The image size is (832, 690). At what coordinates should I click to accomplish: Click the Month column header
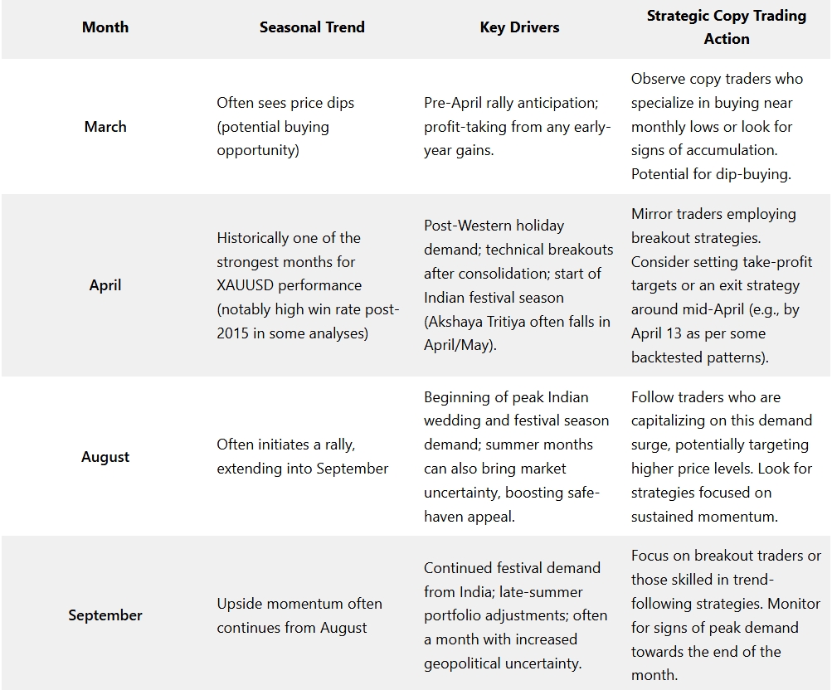pyautogui.click(x=105, y=27)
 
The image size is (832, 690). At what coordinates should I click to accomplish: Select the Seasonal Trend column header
pyautogui.click(x=312, y=27)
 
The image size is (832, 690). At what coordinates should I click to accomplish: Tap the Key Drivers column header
pyautogui.click(x=519, y=27)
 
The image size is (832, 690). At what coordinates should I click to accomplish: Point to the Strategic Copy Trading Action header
pyautogui.click(x=726, y=27)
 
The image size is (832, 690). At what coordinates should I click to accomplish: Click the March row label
pyautogui.click(x=105, y=127)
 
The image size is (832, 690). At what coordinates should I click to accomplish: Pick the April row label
pyautogui.click(x=105, y=285)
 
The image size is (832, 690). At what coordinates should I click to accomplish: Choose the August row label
pyautogui.click(x=105, y=457)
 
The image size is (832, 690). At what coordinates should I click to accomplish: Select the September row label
pyautogui.click(x=105, y=615)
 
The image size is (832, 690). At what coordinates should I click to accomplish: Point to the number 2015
pyautogui.click(x=234, y=333)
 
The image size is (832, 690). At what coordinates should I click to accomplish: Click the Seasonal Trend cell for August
pyautogui.click(x=302, y=457)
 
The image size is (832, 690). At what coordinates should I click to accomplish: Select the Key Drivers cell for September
pyautogui.click(x=515, y=615)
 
